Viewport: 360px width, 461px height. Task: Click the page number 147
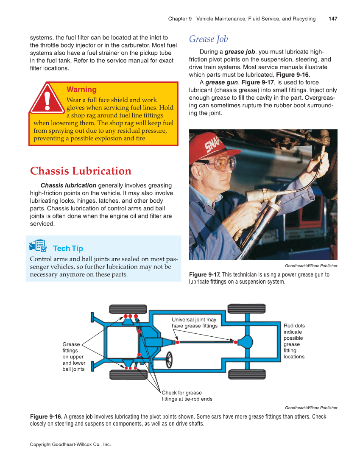click(x=333, y=19)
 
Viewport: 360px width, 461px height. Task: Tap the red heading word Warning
click(x=81, y=89)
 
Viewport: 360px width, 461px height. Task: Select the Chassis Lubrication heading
click(x=81, y=171)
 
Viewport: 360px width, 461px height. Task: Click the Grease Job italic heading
click(x=208, y=39)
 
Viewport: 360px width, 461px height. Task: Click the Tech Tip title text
click(x=68, y=249)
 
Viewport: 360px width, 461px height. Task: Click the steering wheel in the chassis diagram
click(x=169, y=360)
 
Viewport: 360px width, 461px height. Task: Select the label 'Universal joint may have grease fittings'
click(x=194, y=323)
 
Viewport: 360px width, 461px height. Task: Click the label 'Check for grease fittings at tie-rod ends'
click(x=187, y=396)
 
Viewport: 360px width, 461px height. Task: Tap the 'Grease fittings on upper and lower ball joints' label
click(x=74, y=357)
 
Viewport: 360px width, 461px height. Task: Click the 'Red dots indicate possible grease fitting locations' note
click(x=294, y=341)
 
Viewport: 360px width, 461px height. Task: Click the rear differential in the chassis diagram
click(x=245, y=341)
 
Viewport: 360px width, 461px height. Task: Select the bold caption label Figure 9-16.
click(x=46, y=416)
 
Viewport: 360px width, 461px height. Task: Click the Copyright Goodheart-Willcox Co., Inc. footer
click(x=70, y=444)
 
